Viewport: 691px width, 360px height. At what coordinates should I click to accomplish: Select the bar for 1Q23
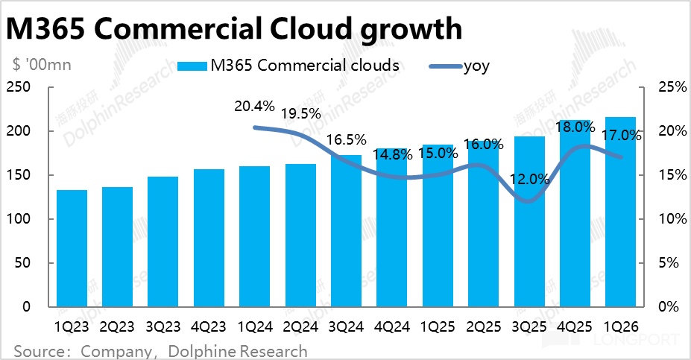click(x=72, y=248)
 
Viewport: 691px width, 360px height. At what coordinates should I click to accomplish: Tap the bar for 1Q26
click(x=620, y=212)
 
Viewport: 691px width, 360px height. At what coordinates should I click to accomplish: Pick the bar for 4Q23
click(x=209, y=238)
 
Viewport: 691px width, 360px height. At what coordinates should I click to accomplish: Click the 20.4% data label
click(x=253, y=107)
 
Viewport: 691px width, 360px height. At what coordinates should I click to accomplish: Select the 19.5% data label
click(x=300, y=114)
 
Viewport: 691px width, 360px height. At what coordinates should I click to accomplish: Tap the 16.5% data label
click(x=346, y=139)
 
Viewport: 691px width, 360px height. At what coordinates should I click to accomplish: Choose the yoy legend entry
click(x=476, y=66)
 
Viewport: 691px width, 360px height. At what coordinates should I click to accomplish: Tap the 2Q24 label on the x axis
click(x=300, y=327)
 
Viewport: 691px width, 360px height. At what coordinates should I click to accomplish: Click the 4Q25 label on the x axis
click(x=574, y=327)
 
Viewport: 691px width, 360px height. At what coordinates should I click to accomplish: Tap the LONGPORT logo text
click(x=642, y=342)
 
